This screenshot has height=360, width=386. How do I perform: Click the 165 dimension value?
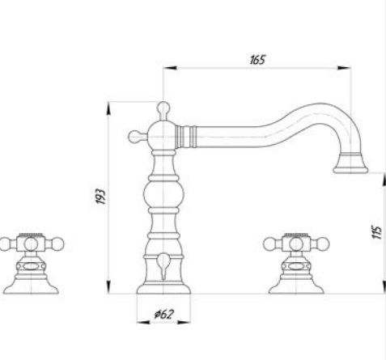pyautogui.click(x=258, y=59)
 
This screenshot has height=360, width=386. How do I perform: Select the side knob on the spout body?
pyautogui.click(x=135, y=134)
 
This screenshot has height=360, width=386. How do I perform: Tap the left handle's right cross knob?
pyautogui.click(x=56, y=243)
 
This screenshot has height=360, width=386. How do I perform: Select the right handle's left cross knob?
pyautogui.click(x=269, y=243)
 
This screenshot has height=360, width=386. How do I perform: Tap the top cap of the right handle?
pyautogui.click(x=295, y=235)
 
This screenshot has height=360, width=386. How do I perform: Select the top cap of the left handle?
pyautogui.click(x=30, y=235)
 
